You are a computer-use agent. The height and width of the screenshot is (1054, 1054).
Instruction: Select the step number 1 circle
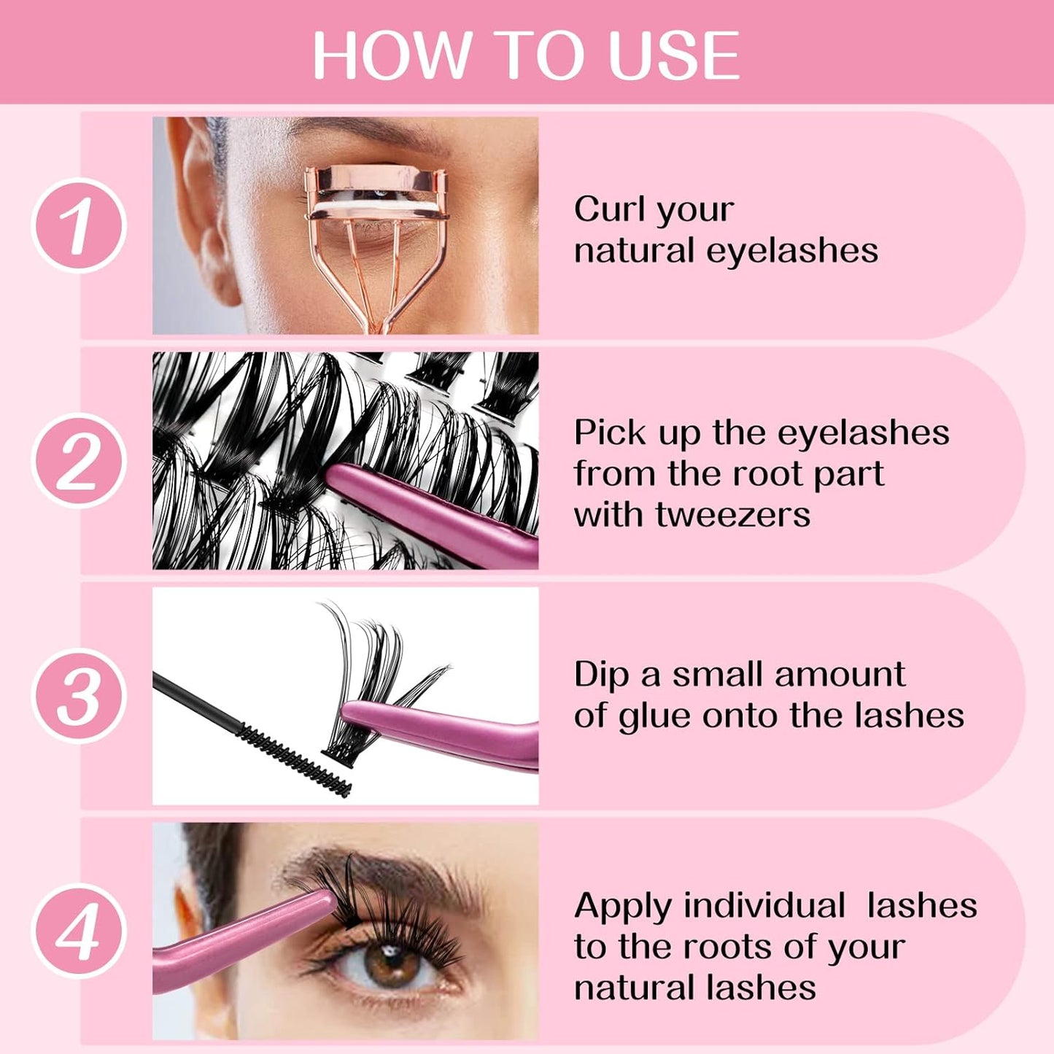(79, 225)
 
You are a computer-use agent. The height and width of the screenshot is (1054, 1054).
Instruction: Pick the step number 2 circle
(79, 460)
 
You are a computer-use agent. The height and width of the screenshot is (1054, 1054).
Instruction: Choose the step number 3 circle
(79, 696)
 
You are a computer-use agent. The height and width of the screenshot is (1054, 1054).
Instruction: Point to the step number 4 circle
(79, 931)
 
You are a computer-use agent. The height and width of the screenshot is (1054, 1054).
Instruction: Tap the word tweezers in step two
(732, 514)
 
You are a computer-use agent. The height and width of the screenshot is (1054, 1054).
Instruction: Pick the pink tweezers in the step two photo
(430, 511)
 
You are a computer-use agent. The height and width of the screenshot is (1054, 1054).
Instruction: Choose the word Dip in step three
(601, 675)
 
